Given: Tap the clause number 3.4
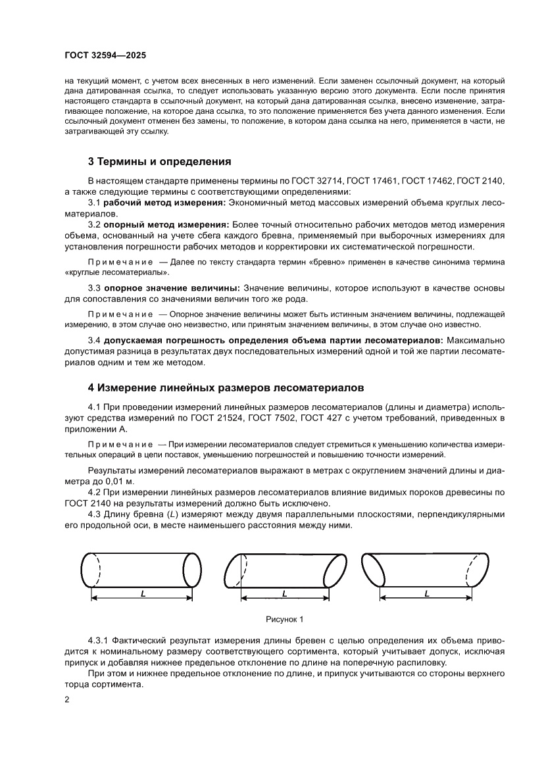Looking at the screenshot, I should [x=94, y=340].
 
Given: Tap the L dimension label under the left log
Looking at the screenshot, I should [x=142, y=593].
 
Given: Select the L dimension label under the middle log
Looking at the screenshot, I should [x=284, y=593].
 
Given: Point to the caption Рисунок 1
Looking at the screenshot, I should [x=284, y=619].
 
